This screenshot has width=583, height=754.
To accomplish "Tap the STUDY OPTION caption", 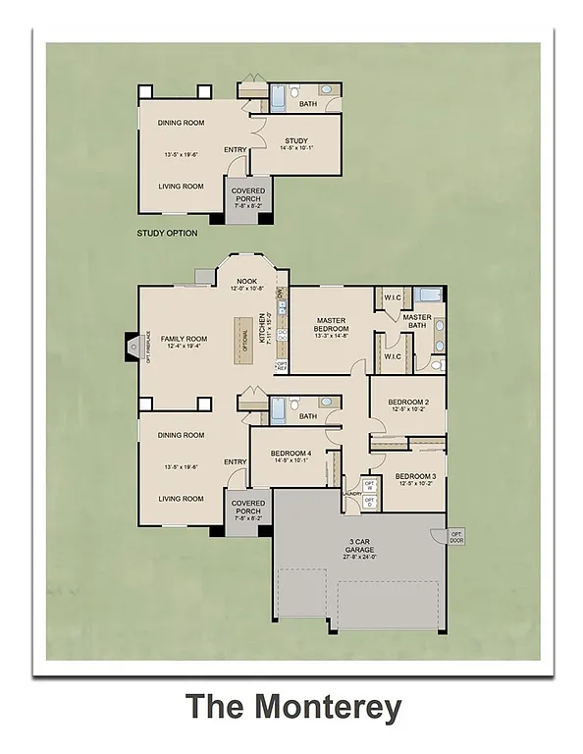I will tap(167, 234).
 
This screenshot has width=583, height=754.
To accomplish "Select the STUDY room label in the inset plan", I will tap(296, 141).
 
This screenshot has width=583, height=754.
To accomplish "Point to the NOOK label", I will tap(247, 281).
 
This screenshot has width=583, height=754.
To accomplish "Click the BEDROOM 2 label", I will tap(408, 403).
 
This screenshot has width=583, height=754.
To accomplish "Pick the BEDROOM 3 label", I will tap(416, 476).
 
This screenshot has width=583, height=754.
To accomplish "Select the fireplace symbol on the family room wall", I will tap(131, 346).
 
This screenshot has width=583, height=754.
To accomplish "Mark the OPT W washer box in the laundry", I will tap(370, 485).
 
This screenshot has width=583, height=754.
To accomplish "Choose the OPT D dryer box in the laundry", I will tap(370, 502).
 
